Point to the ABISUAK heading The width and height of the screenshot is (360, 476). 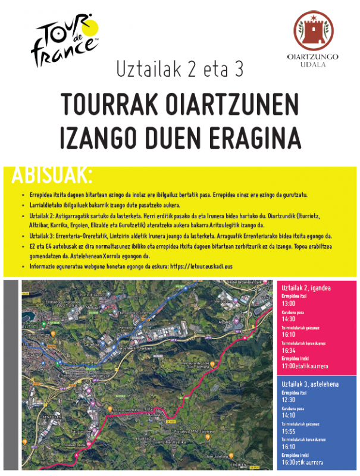(x=52, y=175)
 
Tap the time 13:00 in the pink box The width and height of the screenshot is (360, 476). (x=289, y=303)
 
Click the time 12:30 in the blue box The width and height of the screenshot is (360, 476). (x=289, y=400)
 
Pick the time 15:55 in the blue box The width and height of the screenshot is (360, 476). (x=289, y=431)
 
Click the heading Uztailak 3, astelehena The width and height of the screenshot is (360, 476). (x=309, y=384)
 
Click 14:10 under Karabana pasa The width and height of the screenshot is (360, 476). (x=289, y=415)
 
